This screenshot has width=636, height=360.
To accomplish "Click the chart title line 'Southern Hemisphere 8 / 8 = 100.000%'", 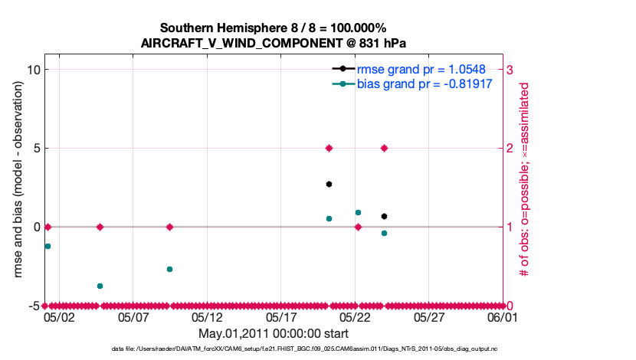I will [273, 28].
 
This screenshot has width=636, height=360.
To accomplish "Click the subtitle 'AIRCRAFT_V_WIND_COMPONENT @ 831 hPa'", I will [273, 43].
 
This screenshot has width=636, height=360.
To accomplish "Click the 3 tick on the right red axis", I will [510, 70].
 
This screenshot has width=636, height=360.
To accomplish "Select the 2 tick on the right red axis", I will [510, 149].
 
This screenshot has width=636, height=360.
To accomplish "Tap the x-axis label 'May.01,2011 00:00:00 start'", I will [273, 334].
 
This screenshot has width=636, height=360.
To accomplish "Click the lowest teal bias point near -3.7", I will [100, 286].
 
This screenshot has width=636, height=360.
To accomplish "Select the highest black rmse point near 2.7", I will [329, 184].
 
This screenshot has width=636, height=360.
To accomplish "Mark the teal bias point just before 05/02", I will [48, 246].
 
